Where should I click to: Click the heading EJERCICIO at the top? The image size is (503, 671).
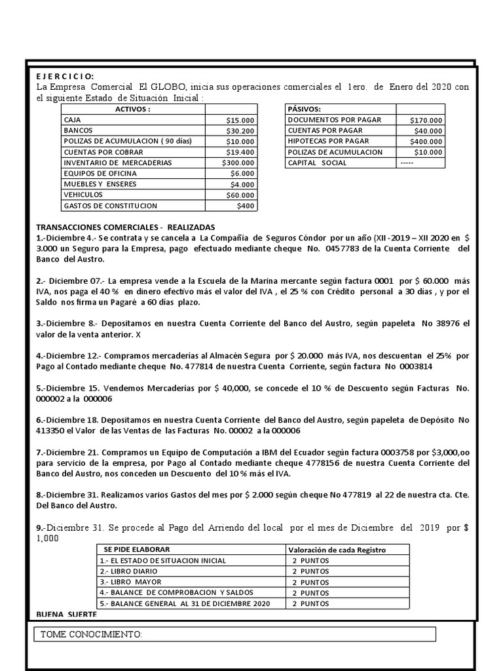pyautogui.click(x=65, y=77)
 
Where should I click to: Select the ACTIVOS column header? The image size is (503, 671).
pyautogui.click(x=132, y=109)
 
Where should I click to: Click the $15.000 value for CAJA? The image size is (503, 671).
pyautogui.click(x=241, y=121)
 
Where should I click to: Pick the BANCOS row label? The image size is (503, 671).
pyautogui.click(x=78, y=131)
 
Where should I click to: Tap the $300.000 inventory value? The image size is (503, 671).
pyautogui.click(x=238, y=163)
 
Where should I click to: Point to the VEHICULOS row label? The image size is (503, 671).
pyautogui.click(x=83, y=195)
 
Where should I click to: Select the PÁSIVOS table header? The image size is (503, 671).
pyautogui.click(x=305, y=109)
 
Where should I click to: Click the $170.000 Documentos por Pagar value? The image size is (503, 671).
pyautogui.click(x=426, y=121)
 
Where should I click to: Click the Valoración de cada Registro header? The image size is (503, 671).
pyautogui.click(x=337, y=549)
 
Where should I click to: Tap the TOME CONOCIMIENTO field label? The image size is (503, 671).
pyautogui.click(x=91, y=634)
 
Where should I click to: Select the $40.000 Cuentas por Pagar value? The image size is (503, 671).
pyautogui.click(x=428, y=131)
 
